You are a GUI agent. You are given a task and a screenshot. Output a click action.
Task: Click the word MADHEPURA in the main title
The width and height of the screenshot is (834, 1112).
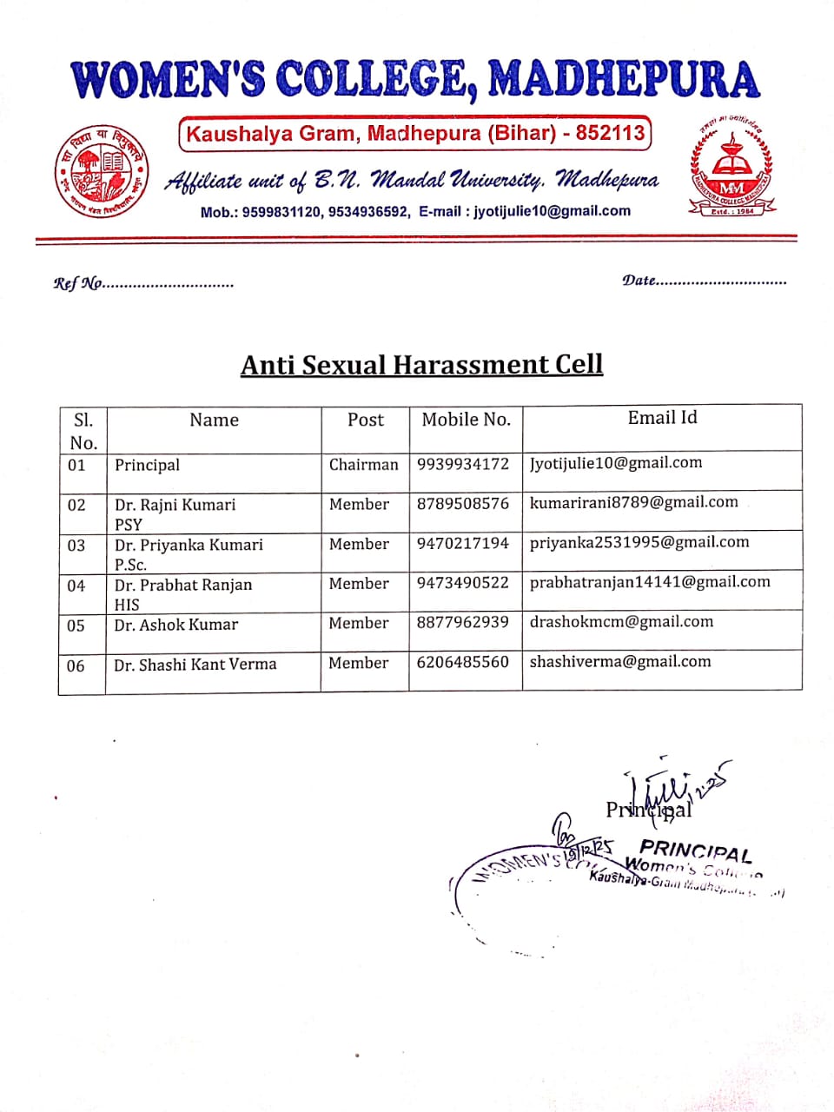coord(623,80)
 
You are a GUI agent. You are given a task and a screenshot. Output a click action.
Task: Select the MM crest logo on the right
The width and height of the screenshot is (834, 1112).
coord(731,168)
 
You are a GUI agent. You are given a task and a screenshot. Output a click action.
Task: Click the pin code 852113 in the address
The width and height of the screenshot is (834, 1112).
coord(610,133)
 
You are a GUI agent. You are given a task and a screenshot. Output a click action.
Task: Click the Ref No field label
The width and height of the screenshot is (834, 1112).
coord(78,283)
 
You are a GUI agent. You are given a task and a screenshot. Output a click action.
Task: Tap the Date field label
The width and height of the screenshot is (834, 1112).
coord(639,281)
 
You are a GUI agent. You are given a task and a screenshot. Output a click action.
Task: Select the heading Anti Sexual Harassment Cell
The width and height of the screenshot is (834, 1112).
coord(421,364)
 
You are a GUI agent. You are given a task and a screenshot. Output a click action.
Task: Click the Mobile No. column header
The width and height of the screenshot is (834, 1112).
coord(466,420)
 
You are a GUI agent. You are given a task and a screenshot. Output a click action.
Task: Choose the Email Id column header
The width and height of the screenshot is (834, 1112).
coord(662,418)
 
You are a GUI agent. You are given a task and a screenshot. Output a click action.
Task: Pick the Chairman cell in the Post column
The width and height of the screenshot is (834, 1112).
coord(363,465)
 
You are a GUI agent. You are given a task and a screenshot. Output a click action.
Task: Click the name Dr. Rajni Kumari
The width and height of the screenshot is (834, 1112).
coord(175,505)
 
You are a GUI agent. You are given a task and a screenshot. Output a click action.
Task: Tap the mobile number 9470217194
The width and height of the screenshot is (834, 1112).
coord(462,544)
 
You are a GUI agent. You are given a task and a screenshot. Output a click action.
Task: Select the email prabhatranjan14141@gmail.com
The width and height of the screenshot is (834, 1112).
coord(650,582)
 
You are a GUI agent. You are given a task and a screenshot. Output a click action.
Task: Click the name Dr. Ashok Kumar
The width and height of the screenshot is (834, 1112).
coord(176,625)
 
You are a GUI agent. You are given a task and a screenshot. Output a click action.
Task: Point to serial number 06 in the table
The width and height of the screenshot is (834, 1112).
coord(76,665)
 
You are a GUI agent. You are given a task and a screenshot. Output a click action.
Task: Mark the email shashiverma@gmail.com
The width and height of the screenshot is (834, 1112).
coord(620,662)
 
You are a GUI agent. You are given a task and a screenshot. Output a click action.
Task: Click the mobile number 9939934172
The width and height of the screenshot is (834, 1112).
coord(462,464)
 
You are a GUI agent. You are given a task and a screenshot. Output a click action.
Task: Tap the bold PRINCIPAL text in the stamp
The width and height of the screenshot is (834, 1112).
coord(695,850)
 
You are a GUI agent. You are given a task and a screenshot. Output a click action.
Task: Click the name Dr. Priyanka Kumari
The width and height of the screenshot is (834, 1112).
coord(189,545)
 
